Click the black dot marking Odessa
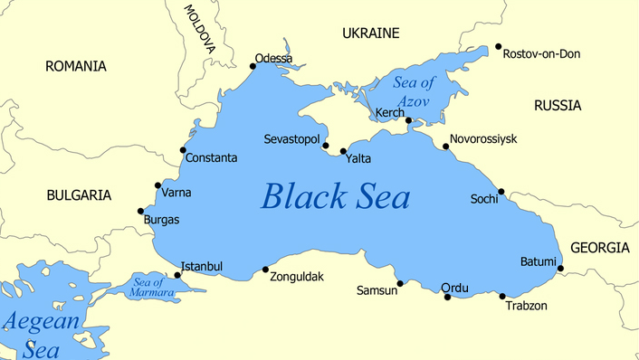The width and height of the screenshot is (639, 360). [253, 65]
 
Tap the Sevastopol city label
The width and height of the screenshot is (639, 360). [291, 140]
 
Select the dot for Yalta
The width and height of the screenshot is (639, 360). [343, 151]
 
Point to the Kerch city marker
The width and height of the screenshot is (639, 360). [409, 120]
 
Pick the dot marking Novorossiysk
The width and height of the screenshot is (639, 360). [445, 147]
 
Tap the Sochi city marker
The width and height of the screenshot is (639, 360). [501, 192]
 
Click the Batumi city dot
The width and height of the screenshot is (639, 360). [560, 268]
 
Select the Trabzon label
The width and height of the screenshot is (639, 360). [525, 306]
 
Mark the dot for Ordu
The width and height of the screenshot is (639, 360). [447, 297]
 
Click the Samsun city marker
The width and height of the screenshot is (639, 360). [400, 283]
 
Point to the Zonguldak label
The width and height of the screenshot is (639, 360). [297, 277]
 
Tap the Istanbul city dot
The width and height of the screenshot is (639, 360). [177, 275]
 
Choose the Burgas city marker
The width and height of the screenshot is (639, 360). [140, 212]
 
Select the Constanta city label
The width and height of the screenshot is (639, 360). [211, 158]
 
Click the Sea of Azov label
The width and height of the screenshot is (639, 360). [415, 90]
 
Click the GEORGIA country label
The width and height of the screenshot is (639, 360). [599, 248]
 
